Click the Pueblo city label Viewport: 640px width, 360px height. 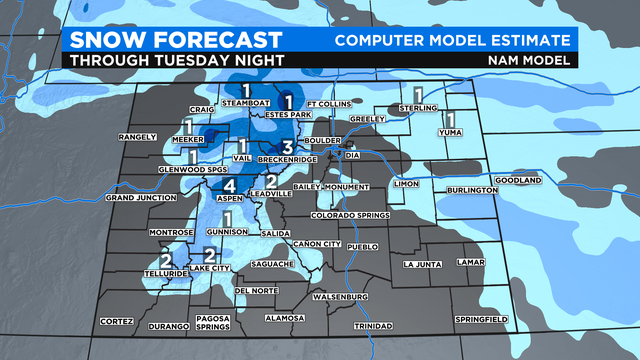point(364,245)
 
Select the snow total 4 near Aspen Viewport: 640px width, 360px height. point(229,186)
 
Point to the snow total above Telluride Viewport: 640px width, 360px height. point(166,260)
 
